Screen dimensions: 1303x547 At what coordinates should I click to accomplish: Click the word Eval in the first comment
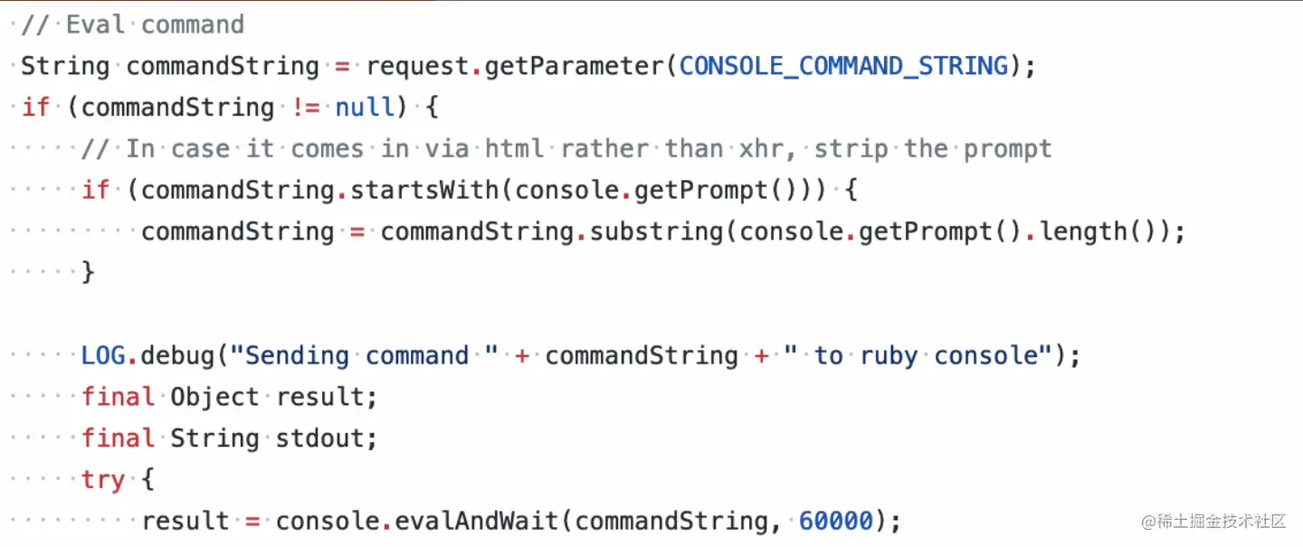[95, 24]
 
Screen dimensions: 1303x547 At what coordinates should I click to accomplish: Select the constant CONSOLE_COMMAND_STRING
[843, 66]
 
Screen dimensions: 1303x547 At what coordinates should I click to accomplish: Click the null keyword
[365, 108]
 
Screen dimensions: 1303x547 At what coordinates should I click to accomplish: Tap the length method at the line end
[1082, 231]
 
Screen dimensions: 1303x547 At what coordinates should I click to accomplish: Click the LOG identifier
[103, 355]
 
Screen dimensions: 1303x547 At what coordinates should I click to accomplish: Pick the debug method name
[177, 355]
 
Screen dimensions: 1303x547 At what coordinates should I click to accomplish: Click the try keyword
[103, 479]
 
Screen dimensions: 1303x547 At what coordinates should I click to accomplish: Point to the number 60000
[835, 521]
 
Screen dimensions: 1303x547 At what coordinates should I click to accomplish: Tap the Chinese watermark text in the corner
[1213, 522]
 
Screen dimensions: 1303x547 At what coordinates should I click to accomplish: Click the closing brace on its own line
[88, 272]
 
